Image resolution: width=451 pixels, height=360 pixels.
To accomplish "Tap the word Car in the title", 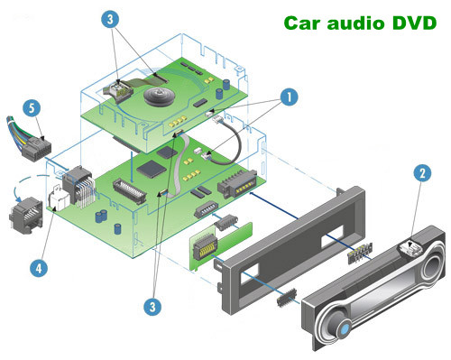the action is [x=302, y=23].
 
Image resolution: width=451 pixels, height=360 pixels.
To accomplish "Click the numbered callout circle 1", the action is [x=289, y=97].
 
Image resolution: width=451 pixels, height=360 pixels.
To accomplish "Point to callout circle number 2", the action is [x=422, y=173].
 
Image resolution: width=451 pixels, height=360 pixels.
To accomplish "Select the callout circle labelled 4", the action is [x=39, y=268].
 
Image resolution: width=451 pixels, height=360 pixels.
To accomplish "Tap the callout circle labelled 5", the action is [x=32, y=108].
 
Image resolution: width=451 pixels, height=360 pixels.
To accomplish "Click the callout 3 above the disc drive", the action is [x=110, y=19].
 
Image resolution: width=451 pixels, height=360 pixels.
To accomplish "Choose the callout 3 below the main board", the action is [x=152, y=307].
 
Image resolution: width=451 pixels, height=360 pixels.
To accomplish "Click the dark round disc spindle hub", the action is [x=159, y=97].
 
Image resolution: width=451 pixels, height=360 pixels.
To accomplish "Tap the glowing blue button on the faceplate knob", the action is [x=345, y=328].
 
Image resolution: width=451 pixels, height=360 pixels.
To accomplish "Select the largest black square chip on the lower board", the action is [x=152, y=170].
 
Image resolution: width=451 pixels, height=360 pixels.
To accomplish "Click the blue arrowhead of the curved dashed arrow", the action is [x=19, y=198].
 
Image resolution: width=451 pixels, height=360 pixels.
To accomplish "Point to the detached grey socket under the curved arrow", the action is [x=26, y=216].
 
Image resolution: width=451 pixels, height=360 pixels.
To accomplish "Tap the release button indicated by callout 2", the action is [x=410, y=248].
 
